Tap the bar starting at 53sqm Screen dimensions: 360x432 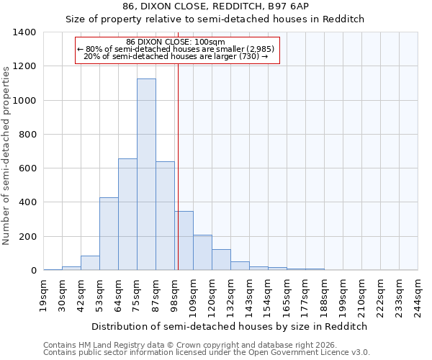coord(109,234)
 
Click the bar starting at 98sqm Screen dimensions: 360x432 coord(184,240)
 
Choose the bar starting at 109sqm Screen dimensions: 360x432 coord(202,253)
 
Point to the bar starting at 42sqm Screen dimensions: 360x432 coord(90,263)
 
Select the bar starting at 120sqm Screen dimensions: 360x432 coord(221,260)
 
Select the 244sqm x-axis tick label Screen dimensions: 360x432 coord(418,296)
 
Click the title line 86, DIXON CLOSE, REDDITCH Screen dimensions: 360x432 coord(216,6)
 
